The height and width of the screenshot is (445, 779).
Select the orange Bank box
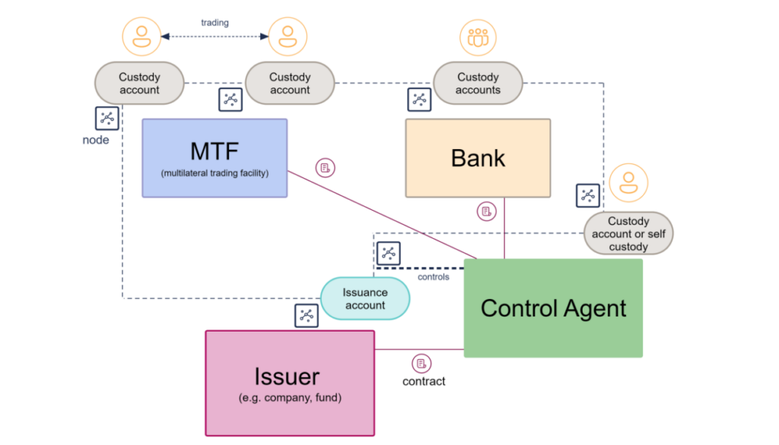[478, 157]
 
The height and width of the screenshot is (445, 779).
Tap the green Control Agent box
[553, 307]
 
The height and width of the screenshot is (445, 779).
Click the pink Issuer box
[290, 383]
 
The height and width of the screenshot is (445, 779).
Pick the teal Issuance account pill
[365, 299]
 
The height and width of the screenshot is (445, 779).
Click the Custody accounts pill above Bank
[478, 83]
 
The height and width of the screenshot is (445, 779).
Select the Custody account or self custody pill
[628, 234]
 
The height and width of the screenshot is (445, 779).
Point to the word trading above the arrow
[215, 23]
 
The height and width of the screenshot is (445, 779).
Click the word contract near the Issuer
[424, 381]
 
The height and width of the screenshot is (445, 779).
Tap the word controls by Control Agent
[434, 277]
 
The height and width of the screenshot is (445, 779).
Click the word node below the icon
[96, 140]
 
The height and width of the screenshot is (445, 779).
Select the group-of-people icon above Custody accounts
[478, 37]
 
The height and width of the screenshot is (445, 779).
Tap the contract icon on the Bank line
[487, 211]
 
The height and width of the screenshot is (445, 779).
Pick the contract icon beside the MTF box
[326, 167]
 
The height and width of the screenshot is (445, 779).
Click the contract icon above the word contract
[421, 363]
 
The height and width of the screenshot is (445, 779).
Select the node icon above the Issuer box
[307, 315]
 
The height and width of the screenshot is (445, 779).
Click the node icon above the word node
[107, 118]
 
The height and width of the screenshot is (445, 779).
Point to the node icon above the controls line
[388, 253]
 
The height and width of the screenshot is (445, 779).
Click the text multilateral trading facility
[215, 173]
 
